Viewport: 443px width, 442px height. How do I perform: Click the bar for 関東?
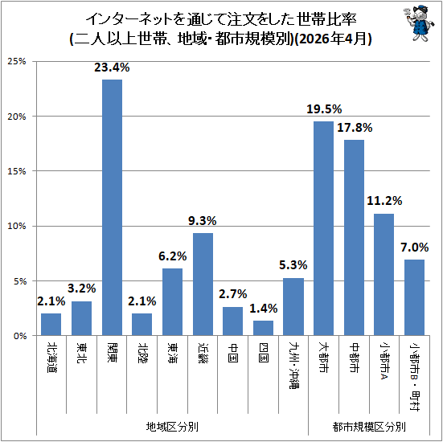[x=112, y=207]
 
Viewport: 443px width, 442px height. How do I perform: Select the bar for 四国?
[x=263, y=328]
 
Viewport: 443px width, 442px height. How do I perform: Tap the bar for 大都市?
[x=323, y=228]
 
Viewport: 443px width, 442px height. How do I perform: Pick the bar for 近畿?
[x=203, y=284]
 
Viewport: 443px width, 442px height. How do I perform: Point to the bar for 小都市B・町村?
[x=414, y=297]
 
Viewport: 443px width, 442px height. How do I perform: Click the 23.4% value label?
[x=112, y=68]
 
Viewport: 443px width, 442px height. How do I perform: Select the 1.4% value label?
[x=264, y=309]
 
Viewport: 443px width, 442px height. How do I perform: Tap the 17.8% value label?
[x=355, y=128]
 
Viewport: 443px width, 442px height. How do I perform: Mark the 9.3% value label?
[x=203, y=221]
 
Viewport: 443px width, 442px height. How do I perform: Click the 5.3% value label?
[x=293, y=265]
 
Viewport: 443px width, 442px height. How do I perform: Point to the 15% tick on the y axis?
[x=17, y=171]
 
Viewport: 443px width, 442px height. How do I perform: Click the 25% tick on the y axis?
[x=17, y=61]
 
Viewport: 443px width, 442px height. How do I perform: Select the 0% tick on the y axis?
[x=20, y=336]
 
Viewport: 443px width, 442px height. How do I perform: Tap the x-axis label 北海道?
[x=51, y=358]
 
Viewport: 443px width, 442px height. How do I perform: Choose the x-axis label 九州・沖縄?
[x=293, y=366]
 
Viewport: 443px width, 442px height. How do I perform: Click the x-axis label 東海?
[x=172, y=353]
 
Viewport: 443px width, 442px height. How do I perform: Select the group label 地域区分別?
[x=172, y=427]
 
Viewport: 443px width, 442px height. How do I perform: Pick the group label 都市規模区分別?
[x=369, y=427]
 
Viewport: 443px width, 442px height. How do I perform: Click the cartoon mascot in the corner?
[x=418, y=23]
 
